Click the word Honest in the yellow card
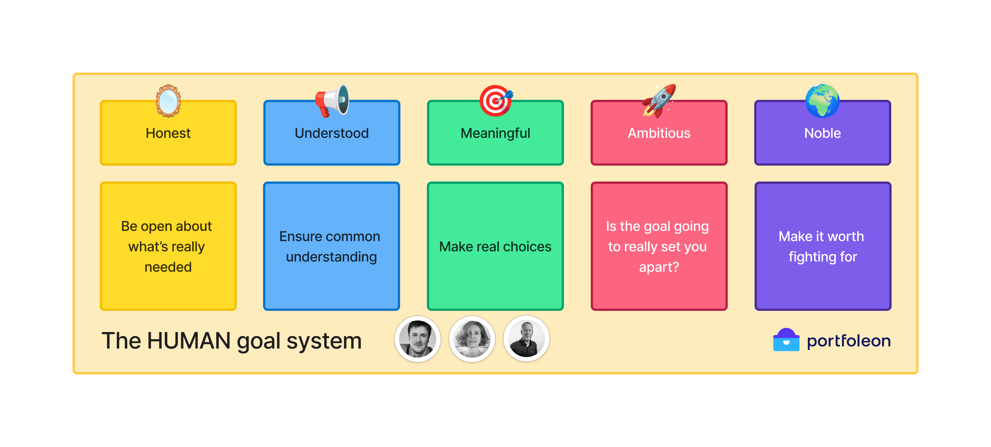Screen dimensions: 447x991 pos(168,133)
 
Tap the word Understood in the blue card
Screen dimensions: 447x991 pos(332,133)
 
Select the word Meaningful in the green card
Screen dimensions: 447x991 pos(496,133)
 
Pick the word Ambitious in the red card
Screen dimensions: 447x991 pos(659,133)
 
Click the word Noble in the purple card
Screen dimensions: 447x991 pos(823,133)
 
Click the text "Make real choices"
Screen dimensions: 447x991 pos(496,246)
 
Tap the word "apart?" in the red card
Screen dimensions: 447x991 pos(659,267)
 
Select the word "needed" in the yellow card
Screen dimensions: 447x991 pos(168,267)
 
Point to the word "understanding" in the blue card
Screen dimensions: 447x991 pos(332,257)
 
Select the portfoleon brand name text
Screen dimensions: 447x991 pos(849,341)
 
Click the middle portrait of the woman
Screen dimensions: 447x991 pos(472,339)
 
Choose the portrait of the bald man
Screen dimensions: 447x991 pos(526,339)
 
